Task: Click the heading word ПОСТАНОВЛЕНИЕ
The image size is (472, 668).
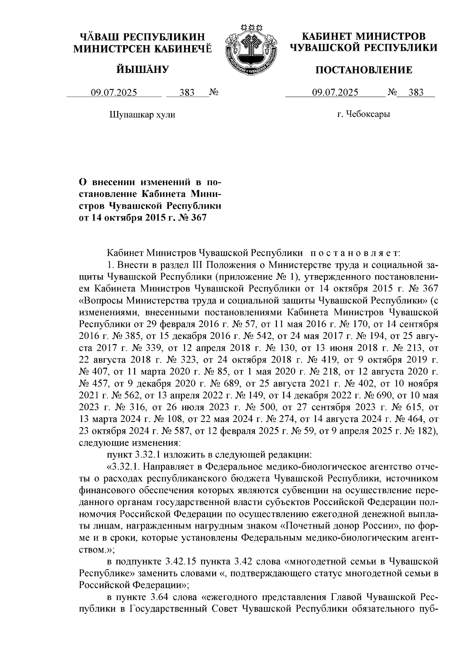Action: pos(364,70)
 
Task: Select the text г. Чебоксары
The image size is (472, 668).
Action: pos(364,115)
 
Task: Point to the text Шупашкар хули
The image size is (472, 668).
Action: pos(142,115)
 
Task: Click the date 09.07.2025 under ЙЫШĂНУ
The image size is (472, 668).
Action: pos(114,93)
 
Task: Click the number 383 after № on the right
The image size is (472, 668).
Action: pos(416,93)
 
